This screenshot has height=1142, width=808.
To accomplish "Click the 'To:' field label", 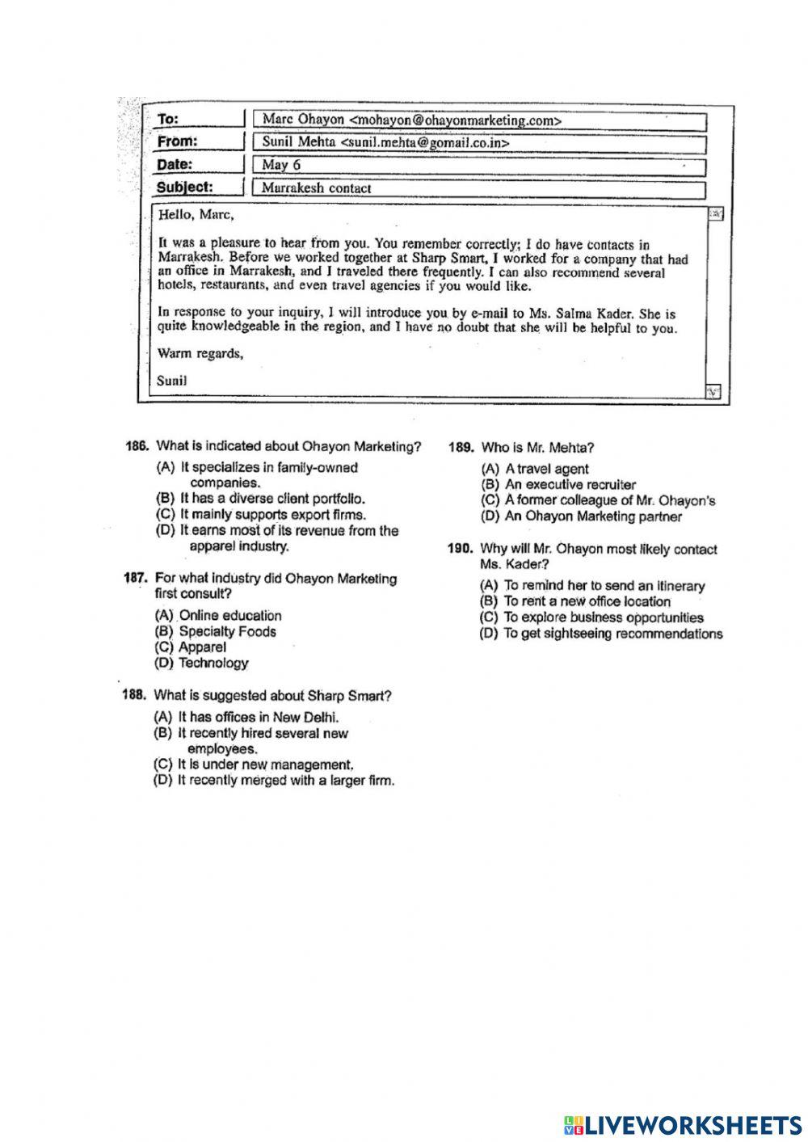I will (x=168, y=120).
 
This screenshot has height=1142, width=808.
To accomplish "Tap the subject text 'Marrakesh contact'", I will (x=317, y=188).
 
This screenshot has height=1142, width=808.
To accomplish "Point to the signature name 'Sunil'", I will (x=172, y=379).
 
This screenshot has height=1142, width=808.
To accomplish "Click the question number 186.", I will (x=137, y=446).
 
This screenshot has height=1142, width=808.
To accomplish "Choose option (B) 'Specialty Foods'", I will (x=227, y=631).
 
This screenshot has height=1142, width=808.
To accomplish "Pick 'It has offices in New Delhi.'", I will (x=258, y=717).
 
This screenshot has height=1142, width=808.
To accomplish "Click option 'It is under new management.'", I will (x=265, y=765).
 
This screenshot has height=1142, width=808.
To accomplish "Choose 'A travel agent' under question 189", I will (x=546, y=469).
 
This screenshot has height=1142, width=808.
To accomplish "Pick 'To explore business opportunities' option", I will (x=603, y=617).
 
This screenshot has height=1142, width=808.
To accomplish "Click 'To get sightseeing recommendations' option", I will (x=612, y=634).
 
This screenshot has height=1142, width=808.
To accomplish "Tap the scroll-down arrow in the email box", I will (x=713, y=392).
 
